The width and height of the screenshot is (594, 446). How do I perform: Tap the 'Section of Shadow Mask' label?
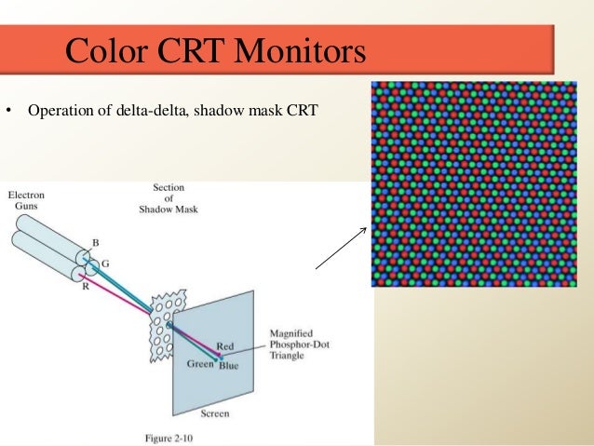[x=174, y=197]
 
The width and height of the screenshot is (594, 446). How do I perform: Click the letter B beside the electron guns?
[x=94, y=243]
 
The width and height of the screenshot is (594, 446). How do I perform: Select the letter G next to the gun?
[x=105, y=264]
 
